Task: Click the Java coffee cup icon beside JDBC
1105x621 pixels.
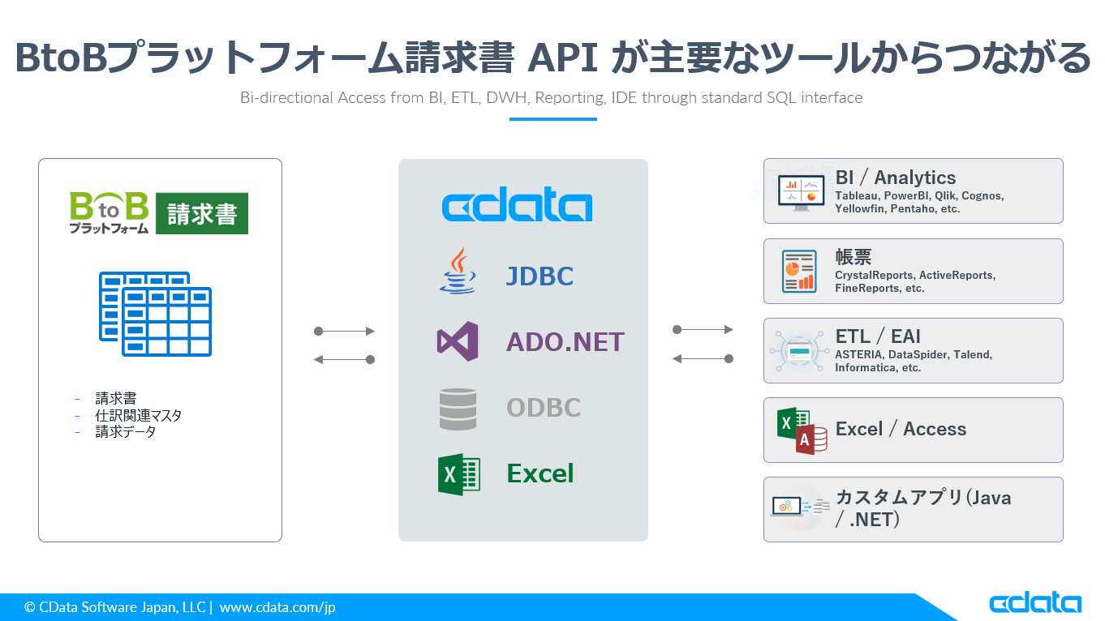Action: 458,271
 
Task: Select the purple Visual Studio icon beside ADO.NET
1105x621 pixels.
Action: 458,341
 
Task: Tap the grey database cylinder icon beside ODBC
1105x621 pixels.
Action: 458,409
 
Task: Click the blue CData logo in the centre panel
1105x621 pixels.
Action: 517,206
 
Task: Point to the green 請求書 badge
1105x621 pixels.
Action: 202,213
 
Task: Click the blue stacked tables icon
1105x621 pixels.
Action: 155,314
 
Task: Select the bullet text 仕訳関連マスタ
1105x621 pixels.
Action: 139,415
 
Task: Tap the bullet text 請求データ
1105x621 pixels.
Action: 126,431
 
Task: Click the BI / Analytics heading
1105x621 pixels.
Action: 896,178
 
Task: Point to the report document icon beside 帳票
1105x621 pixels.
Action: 799,272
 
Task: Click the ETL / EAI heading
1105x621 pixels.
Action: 878,336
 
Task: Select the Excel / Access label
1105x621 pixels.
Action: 901,429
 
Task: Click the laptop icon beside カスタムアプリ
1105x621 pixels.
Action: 786,507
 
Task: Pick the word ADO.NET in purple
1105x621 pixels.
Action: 565,342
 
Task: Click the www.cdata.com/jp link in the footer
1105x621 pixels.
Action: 277,607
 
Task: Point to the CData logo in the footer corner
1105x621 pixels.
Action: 1034,603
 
